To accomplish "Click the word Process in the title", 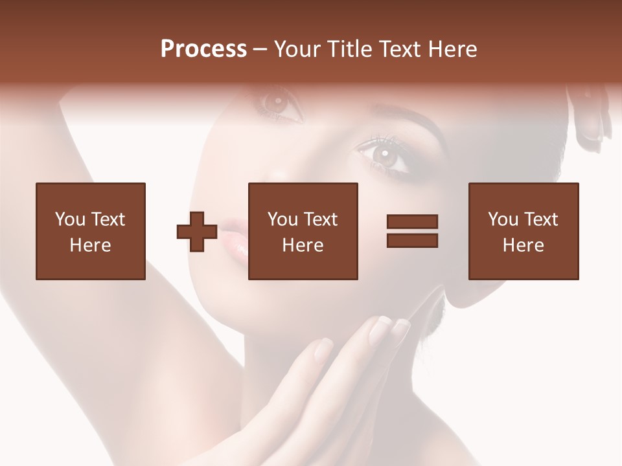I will (203, 49).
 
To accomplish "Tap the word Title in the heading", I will (350, 49).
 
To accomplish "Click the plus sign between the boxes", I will (197, 232).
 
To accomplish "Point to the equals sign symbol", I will (412, 231).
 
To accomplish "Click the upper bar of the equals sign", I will (412, 222).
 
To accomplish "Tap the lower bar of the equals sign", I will (412, 240).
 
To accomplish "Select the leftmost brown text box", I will (91, 231).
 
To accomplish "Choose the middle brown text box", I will (303, 231).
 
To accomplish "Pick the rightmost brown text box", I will (523, 231).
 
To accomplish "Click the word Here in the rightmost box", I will (523, 245).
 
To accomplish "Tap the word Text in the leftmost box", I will (108, 219).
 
